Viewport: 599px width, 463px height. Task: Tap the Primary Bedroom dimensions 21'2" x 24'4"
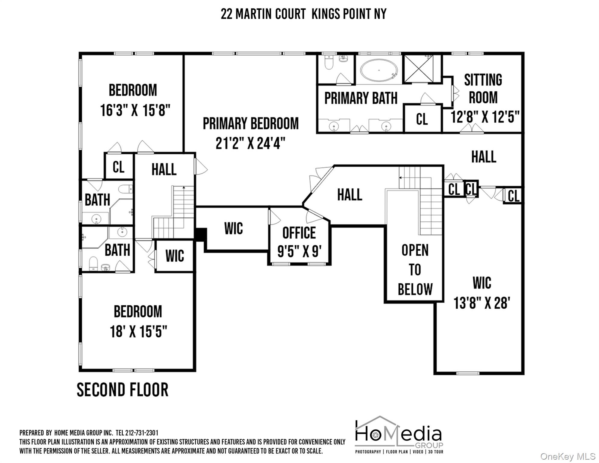pos(250,143)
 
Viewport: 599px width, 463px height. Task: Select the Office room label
pos(299,233)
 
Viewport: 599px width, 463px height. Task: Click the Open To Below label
pos(415,269)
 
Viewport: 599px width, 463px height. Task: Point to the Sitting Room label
pos(483,89)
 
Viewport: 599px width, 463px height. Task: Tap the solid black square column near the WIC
pos(200,234)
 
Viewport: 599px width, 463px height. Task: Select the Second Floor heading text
pos(123,390)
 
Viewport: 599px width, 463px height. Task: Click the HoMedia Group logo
pos(399,435)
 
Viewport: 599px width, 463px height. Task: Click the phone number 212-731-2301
pos(141,433)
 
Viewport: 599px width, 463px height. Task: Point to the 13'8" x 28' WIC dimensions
pos(482,303)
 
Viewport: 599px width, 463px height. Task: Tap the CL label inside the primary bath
pos(422,119)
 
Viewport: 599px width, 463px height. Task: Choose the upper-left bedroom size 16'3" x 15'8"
pos(135,110)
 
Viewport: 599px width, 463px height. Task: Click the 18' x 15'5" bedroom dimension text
pos(138,332)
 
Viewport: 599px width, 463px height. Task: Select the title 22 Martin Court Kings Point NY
pos(303,14)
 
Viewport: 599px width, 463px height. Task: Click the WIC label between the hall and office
pos(234,228)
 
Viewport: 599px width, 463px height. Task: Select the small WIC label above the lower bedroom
pos(174,256)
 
